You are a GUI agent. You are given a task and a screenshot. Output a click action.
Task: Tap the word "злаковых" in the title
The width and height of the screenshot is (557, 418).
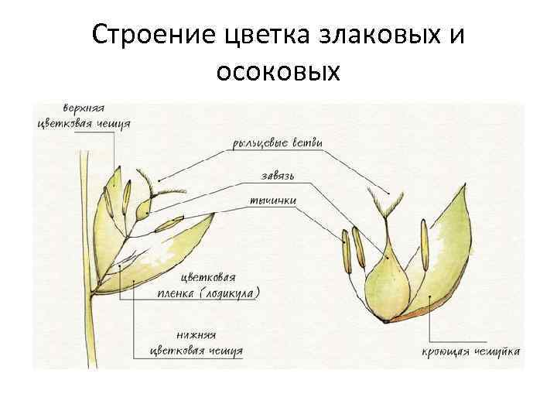[365, 35]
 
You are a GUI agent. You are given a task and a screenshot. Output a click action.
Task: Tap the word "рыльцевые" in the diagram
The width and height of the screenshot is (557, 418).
[258, 143]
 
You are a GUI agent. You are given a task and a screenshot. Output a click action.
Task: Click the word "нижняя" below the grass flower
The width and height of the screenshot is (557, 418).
[196, 334]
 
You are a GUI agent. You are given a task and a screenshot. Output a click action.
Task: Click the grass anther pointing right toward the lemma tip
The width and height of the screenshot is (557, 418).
[169, 224]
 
